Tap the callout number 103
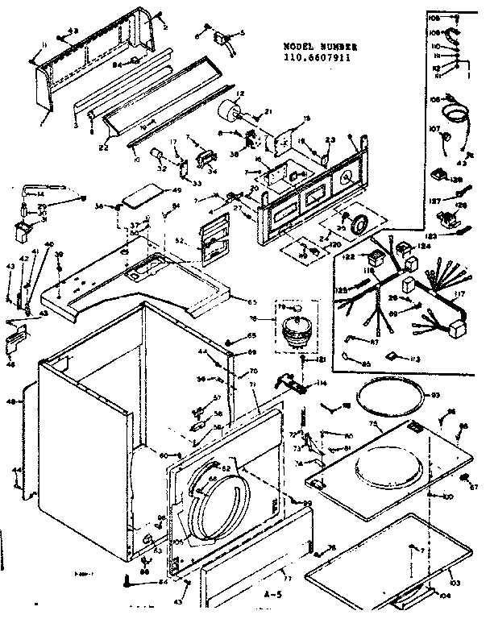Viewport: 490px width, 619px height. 435,581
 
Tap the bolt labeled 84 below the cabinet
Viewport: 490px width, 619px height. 130,579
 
